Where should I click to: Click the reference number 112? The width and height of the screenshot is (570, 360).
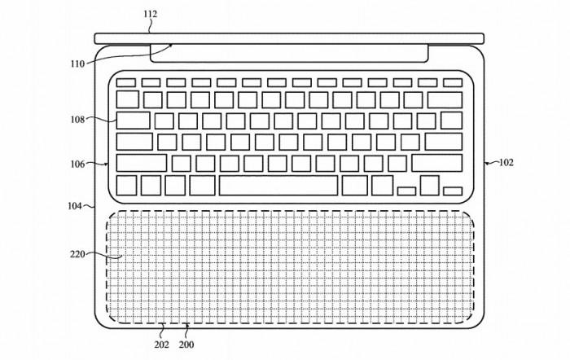point(150,14)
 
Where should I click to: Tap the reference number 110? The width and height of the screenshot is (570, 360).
point(77,64)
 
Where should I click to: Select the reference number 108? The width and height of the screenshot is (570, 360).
point(77,120)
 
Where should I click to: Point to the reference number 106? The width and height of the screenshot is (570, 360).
point(77,165)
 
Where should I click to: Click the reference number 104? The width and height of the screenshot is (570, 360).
point(75,206)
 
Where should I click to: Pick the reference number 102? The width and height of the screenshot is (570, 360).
point(506,163)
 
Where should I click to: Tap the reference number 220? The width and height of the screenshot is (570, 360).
point(77,254)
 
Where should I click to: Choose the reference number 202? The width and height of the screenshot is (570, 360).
point(161,345)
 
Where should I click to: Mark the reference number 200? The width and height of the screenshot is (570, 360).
point(186,345)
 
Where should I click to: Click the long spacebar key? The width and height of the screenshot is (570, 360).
point(278,186)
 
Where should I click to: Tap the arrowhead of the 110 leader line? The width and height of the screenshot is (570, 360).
point(171,45)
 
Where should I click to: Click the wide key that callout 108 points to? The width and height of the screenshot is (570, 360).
point(133,121)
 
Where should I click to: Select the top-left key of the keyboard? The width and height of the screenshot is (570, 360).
point(125,83)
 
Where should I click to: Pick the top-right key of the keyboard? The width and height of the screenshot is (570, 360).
point(453,83)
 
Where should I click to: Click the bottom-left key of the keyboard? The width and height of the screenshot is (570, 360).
point(126,186)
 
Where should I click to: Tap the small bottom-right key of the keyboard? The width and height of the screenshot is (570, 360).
point(453,191)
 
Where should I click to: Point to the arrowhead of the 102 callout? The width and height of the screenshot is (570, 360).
point(485,164)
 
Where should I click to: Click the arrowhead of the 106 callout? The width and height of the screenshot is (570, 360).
point(106,165)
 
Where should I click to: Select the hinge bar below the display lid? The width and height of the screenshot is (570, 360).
point(289,53)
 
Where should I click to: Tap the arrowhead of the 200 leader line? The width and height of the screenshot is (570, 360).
point(187,325)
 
